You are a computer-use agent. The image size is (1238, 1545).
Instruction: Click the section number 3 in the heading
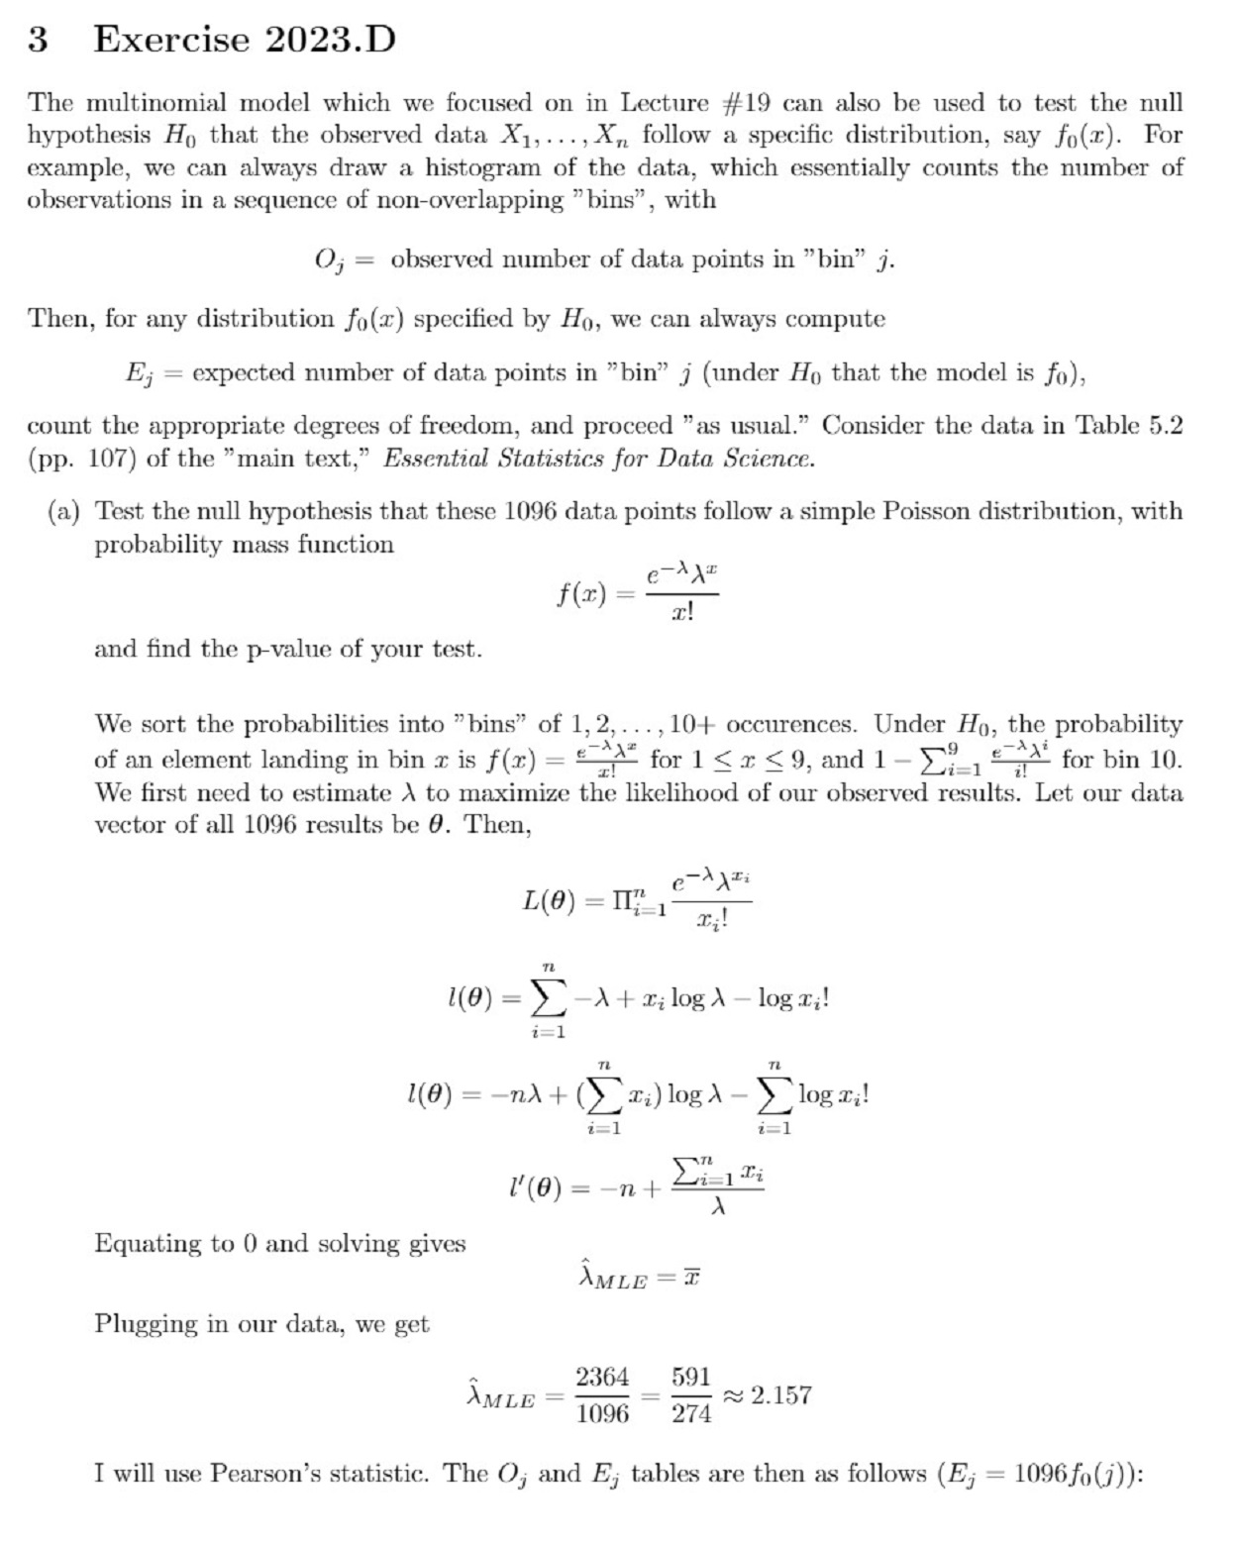[x=38, y=40]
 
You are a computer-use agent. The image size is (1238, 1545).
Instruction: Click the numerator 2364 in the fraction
[x=602, y=1378]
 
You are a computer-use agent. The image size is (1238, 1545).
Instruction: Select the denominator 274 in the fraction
[x=691, y=1414]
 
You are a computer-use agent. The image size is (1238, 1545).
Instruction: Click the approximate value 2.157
[x=781, y=1395]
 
